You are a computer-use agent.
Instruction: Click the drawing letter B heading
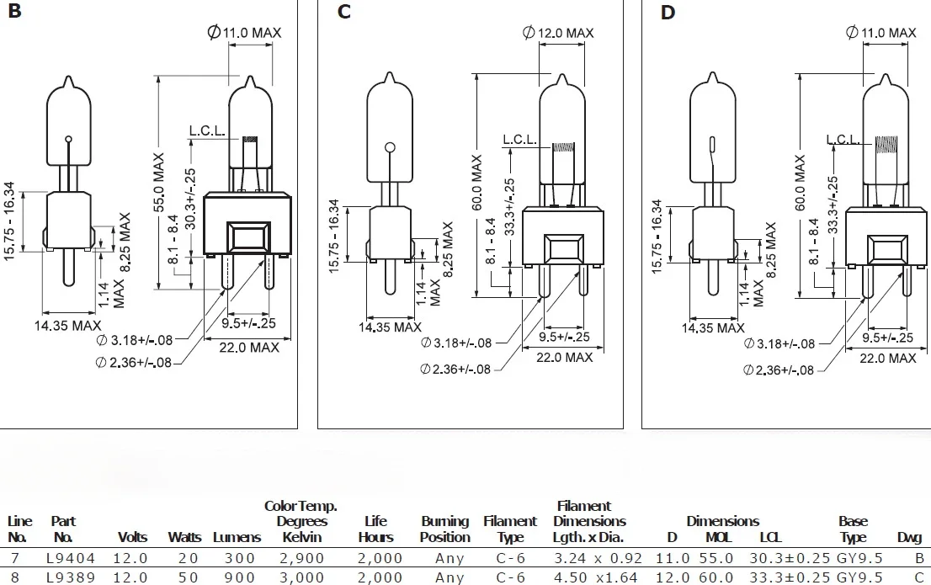coord(14,13)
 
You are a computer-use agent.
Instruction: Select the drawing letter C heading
coord(343,13)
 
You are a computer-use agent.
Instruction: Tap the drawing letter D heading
coord(668,13)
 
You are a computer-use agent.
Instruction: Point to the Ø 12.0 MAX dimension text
coord(558,33)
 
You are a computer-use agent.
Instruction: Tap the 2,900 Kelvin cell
coord(301,558)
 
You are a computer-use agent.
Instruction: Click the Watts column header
coord(184,537)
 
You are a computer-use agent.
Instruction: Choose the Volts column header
coord(133,537)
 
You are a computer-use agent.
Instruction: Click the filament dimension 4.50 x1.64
coord(598,577)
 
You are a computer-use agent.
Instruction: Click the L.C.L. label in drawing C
coord(520,140)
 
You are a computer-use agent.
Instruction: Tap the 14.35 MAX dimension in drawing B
coord(66,325)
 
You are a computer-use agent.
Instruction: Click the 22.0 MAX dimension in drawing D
coord(887,358)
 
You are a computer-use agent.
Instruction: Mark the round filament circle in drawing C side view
coord(390,149)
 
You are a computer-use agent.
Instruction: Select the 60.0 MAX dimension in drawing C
coord(477,183)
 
